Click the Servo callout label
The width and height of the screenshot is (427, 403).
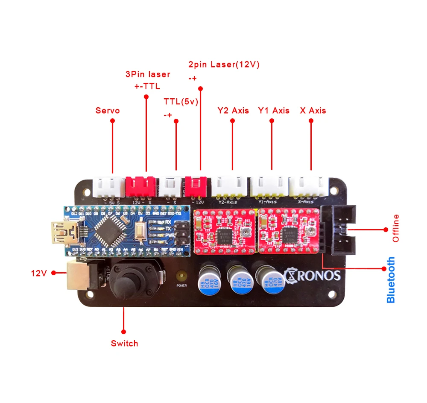point(107,111)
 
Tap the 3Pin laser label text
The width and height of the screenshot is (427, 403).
point(148,74)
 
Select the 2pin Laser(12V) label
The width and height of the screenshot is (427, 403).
point(224,65)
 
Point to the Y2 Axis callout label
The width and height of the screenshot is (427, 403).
point(233,111)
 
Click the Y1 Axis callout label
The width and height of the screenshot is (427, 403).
point(273,111)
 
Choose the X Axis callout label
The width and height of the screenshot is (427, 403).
point(313,111)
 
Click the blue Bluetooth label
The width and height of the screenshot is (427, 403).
point(390,280)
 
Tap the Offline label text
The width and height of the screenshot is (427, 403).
point(395,229)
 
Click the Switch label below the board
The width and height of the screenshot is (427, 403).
point(124,343)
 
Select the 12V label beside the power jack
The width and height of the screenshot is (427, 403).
point(39,273)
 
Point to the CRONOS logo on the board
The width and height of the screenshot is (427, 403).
point(312,274)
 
